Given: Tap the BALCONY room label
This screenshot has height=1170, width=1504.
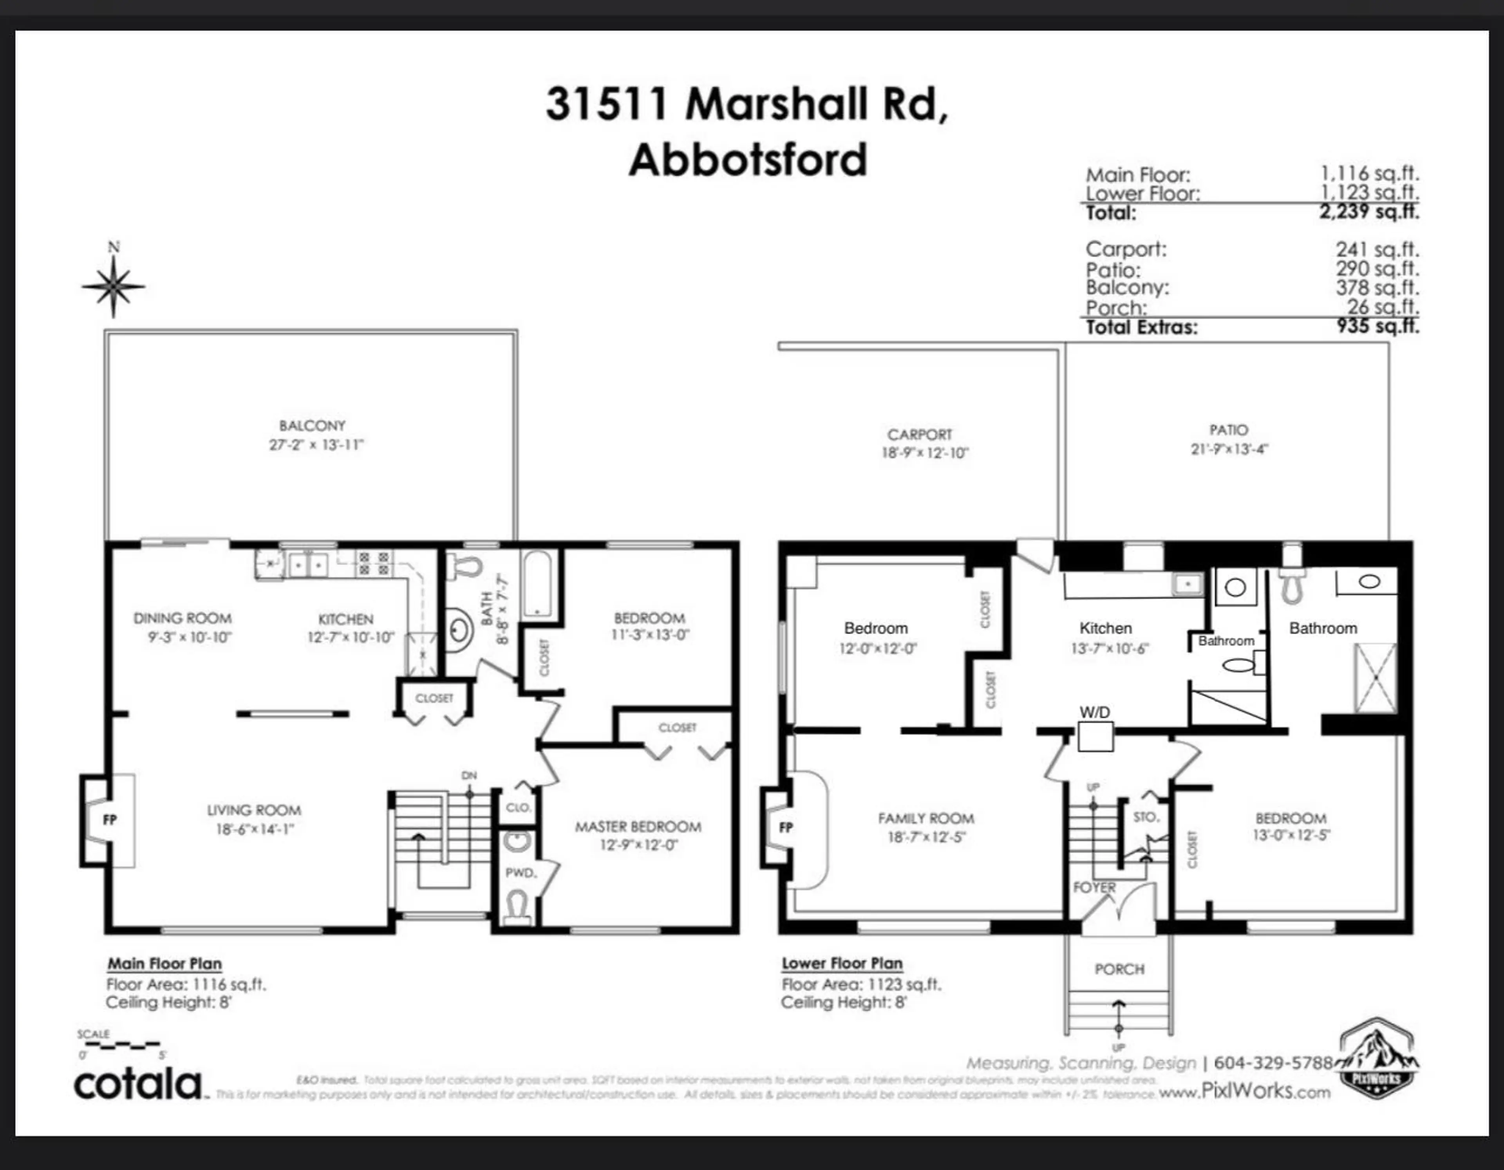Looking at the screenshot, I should click(x=312, y=426).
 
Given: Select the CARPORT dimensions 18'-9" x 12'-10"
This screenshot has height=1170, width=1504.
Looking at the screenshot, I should click(x=925, y=453).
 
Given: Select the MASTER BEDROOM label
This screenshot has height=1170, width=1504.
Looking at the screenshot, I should click(x=638, y=826).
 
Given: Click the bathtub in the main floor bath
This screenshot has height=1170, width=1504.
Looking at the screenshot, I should click(x=537, y=583).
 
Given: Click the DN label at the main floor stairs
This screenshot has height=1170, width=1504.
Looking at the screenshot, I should click(x=469, y=775).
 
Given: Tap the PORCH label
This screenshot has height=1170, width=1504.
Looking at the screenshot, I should click(x=1119, y=969).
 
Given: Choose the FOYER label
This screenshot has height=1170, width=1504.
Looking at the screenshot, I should click(x=1094, y=888).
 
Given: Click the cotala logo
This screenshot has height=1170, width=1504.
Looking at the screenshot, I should click(x=138, y=1085).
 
